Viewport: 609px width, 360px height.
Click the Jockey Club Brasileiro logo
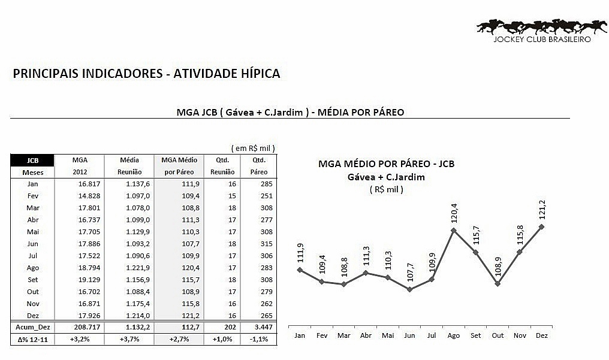[542, 31]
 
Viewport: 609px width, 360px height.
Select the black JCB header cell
[32, 161]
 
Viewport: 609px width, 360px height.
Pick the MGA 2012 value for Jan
[89, 184]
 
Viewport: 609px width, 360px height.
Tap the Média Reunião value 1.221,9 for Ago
[137, 268]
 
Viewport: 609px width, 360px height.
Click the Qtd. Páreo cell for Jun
[266, 244]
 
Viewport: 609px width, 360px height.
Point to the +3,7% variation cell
[129, 339]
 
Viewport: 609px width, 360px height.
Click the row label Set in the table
[32, 280]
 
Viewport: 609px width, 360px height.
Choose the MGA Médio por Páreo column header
[179, 166]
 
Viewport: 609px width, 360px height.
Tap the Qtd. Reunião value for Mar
[232, 208]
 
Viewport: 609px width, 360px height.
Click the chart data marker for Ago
[453, 231]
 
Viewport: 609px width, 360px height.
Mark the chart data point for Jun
[409, 289]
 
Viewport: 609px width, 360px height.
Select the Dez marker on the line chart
[541, 226]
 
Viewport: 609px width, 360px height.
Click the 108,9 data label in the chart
[498, 267]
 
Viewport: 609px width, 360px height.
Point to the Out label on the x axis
[498, 335]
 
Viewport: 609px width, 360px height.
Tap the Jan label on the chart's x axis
[300, 335]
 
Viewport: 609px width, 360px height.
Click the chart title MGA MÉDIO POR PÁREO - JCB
[386, 164]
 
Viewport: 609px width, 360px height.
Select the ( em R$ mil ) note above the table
[253, 148]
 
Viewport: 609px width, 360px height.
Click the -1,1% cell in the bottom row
[259, 339]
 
